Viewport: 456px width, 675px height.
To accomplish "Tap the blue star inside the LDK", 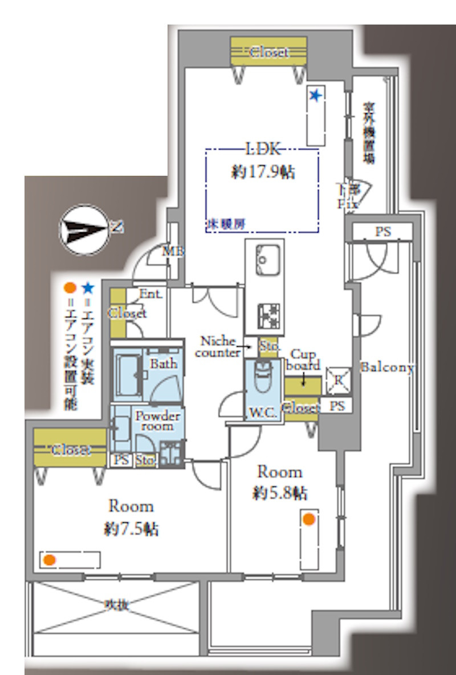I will click(x=315, y=95).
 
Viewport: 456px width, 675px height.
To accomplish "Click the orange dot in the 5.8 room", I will click(x=308, y=519).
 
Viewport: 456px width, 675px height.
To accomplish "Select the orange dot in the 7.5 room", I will click(x=50, y=560).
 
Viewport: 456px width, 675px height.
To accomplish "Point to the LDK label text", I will click(x=263, y=149).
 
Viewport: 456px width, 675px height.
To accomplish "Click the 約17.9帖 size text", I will click(x=263, y=172).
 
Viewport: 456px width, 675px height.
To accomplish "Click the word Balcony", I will click(x=387, y=368).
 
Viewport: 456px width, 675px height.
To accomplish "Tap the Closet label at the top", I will click(x=269, y=52).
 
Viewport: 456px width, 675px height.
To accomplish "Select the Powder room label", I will click(x=157, y=421).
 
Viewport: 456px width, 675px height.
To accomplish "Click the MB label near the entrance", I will click(x=170, y=250).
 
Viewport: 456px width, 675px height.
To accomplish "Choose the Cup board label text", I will click(x=305, y=359).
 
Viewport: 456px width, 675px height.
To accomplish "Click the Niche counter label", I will click(x=217, y=347).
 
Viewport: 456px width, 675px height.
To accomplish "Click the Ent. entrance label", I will click(x=151, y=294).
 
